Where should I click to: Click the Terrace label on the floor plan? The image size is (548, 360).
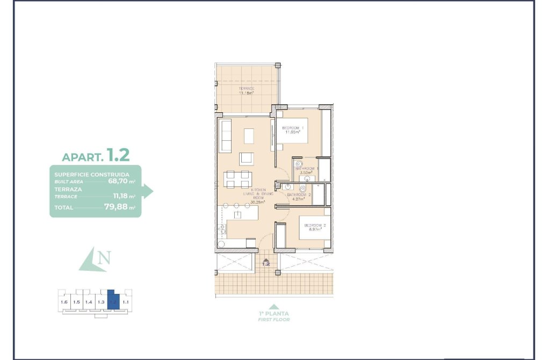(246, 88)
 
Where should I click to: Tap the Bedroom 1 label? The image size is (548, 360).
(293, 128)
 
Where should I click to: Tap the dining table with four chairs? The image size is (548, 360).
(237, 179)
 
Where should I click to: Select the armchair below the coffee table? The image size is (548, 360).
(247, 159)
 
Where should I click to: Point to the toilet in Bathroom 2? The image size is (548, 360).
(302, 189)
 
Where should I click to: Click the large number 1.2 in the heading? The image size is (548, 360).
(118, 155)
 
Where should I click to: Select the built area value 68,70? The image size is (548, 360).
(118, 181)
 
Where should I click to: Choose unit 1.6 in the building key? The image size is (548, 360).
(64, 303)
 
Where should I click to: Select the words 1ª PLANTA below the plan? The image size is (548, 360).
(274, 313)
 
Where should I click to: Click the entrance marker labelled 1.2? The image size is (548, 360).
(265, 263)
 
